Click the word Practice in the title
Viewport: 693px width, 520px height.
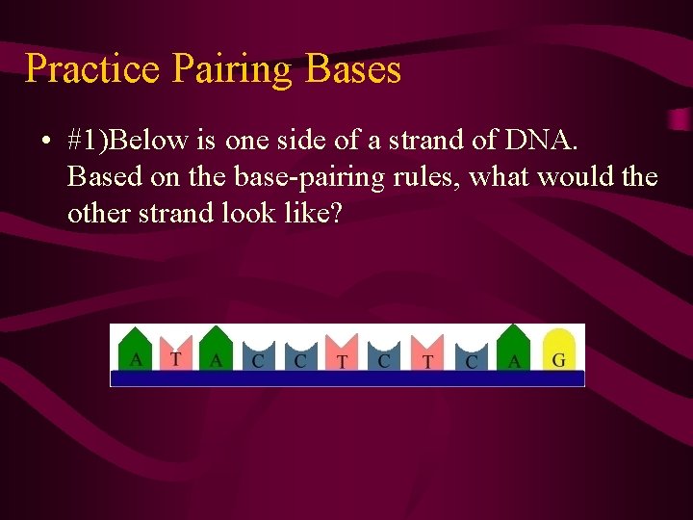click(x=92, y=69)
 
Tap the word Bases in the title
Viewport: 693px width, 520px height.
click(x=352, y=69)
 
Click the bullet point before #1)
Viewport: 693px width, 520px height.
click(x=44, y=143)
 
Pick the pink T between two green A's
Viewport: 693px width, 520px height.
click(x=175, y=353)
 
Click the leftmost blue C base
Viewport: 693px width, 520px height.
click(x=258, y=355)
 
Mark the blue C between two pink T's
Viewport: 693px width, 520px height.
click(x=384, y=355)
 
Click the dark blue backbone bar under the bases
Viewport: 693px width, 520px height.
click(x=346, y=377)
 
